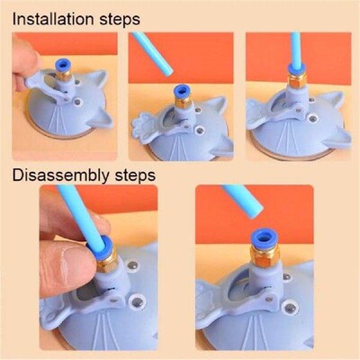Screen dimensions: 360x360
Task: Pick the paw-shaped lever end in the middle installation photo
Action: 146,126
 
